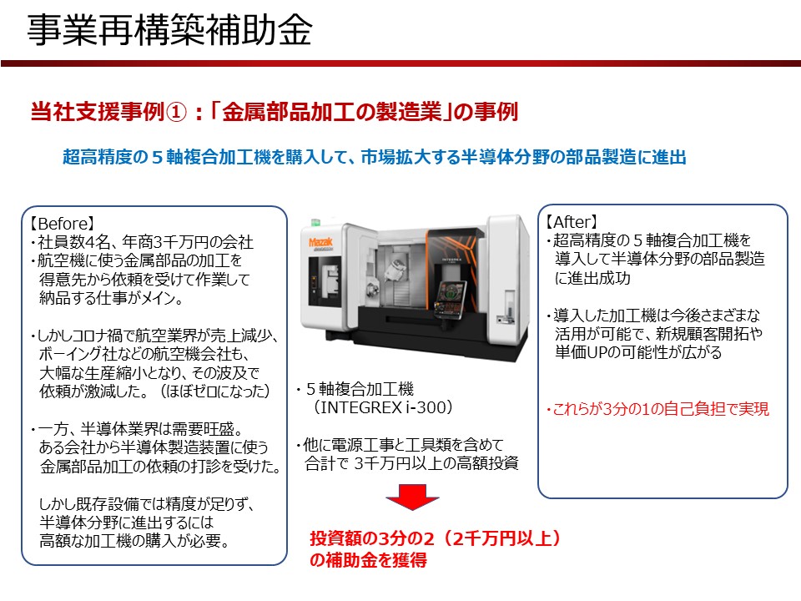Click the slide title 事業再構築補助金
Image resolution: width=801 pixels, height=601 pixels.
click(x=170, y=31)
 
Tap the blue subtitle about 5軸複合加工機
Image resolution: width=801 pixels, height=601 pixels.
click(x=374, y=157)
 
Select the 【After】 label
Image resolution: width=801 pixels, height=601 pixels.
click(x=572, y=223)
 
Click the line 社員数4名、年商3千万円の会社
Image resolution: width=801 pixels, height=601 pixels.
click(x=142, y=242)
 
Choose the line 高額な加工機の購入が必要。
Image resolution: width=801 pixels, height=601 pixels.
click(x=133, y=541)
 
